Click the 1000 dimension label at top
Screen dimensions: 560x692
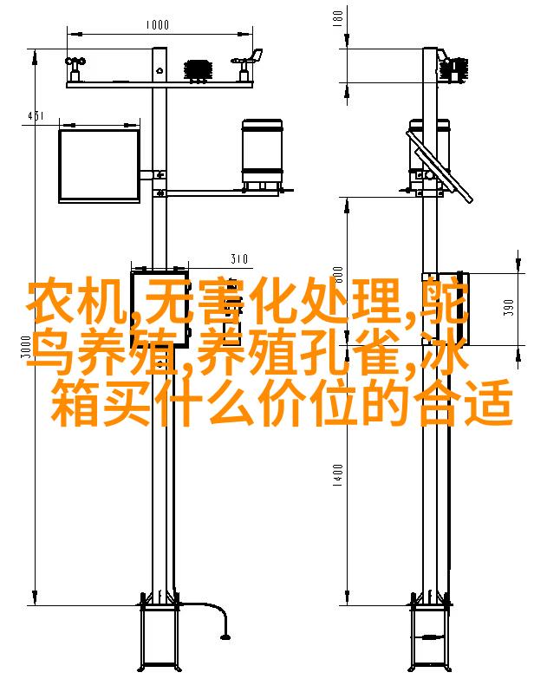tap(157, 24)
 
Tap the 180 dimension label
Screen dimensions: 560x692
tap(338, 18)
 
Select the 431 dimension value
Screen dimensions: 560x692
tap(36, 115)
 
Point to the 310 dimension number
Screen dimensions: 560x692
tap(238, 258)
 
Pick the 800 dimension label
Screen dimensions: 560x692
tap(338, 276)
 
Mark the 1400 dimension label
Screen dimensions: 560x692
tap(338, 475)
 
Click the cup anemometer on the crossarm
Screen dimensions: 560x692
tap(75, 69)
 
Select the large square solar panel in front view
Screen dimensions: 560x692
tap(100, 166)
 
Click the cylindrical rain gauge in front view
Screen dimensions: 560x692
tap(262, 153)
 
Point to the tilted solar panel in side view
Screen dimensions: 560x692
tap(439, 166)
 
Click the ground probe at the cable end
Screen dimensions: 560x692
tap(225, 637)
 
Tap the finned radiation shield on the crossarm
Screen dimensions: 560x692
tap(198, 69)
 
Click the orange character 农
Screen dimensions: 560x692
tap(51, 301)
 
